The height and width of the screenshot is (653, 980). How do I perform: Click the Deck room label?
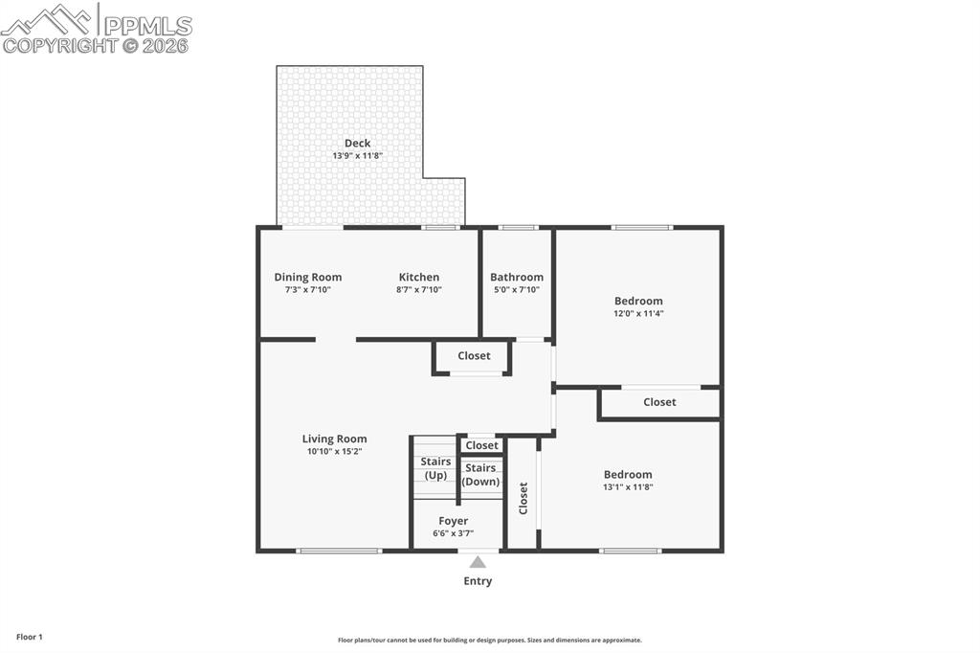(x=357, y=144)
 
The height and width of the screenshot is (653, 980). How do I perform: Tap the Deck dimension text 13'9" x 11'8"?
(x=357, y=156)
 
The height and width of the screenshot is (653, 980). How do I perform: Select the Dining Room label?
(x=307, y=278)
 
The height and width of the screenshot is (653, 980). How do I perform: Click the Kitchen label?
(x=419, y=278)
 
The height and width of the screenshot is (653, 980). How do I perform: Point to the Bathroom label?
(x=517, y=278)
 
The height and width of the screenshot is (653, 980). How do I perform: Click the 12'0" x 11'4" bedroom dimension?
(x=638, y=313)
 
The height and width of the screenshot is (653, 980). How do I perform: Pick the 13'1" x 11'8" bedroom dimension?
(x=628, y=487)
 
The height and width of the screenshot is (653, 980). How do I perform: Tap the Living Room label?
(x=334, y=439)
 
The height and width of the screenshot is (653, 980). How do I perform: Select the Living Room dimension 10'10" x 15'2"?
(x=334, y=452)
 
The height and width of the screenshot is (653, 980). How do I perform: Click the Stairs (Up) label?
(x=435, y=468)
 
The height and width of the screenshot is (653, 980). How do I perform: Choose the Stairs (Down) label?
(x=480, y=475)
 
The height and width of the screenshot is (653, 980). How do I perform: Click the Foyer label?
(x=454, y=522)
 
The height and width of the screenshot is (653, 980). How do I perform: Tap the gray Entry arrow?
(x=478, y=562)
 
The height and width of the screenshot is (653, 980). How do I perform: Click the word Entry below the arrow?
(x=478, y=581)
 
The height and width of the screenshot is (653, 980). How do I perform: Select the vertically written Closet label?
(x=523, y=498)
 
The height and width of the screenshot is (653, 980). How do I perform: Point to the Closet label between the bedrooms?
(x=659, y=402)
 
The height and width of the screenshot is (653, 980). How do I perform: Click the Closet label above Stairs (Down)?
(x=481, y=445)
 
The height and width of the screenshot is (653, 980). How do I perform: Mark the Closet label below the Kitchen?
(x=474, y=356)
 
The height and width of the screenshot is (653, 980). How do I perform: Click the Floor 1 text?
(x=30, y=637)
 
